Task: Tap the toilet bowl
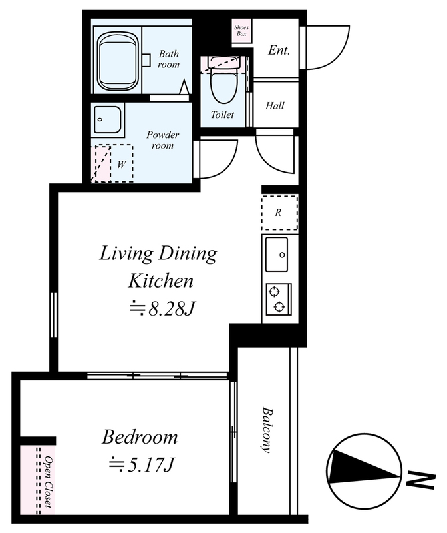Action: point(223,85)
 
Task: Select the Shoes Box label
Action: point(241,30)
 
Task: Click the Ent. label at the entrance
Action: point(279,51)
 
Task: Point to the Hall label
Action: point(275,105)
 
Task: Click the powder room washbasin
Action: point(108,120)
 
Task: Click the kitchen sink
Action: point(277,255)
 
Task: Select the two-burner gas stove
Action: point(279,298)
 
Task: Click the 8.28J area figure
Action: point(163,308)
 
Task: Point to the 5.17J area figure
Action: point(142,464)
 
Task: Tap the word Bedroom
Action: point(140,437)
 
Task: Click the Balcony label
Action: point(267,430)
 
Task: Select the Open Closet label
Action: point(48,482)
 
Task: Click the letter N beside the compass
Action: point(421,480)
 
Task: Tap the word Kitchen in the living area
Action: point(161,281)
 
